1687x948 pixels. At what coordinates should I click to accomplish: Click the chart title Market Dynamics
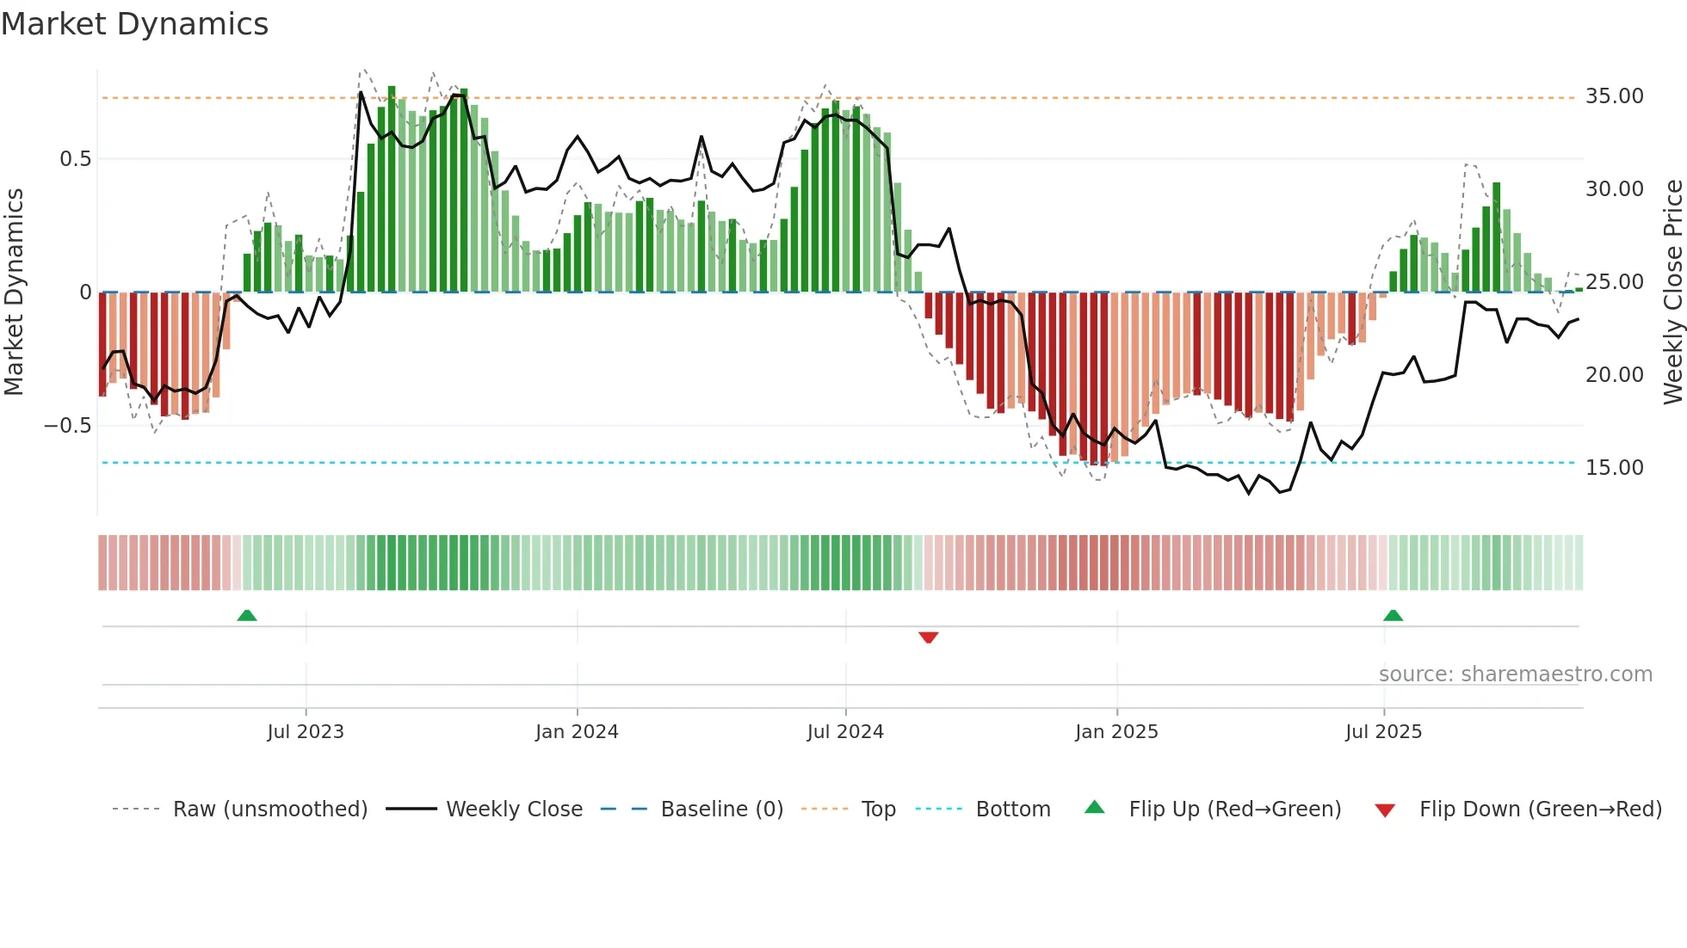coord(134,24)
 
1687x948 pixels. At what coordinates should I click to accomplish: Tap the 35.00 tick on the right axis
coord(1614,96)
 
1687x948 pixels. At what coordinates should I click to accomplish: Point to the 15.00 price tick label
coord(1614,468)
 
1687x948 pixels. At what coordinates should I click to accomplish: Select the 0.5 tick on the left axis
coord(75,159)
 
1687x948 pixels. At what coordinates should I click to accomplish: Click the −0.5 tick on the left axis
coord(67,426)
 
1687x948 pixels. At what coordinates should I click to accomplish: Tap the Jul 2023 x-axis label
coord(306,732)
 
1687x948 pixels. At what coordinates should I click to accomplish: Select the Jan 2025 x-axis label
coord(1116,732)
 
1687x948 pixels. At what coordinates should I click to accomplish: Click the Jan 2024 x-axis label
coord(577,732)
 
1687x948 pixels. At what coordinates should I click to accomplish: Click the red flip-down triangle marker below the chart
coord(928,637)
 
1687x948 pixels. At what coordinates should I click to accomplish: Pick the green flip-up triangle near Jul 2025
coord(1393,615)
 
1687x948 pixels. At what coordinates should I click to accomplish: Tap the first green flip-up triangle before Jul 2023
coord(247,615)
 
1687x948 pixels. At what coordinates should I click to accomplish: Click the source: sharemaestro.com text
coord(1515,674)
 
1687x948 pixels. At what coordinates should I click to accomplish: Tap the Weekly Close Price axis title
coord(1672,292)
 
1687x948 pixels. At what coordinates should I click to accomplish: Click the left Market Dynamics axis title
coord(14,292)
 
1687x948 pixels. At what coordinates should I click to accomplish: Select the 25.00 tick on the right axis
coord(1614,282)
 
